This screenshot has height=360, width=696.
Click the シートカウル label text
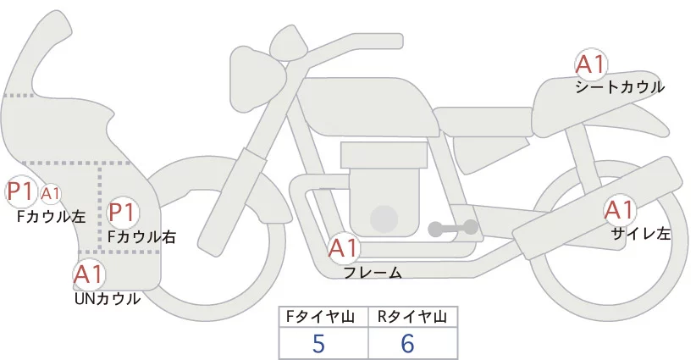tap(620, 87)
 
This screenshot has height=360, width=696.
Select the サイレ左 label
tap(641, 234)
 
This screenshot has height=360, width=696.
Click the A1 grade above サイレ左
tap(618, 210)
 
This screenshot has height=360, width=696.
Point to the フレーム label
tap(373, 273)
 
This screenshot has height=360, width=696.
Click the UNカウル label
tap(108, 298)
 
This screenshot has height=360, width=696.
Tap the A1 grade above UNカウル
tap(88, 274)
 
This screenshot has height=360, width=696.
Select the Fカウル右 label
tap(141, 237)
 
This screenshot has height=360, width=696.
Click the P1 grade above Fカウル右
tap(123, 212)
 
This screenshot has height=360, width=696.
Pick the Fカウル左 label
tap(52, 217)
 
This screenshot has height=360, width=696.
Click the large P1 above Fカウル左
tap(19, 192)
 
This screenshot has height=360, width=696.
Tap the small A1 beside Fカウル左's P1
tap(51, 194)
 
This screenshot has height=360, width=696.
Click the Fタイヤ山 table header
tap(325, 317)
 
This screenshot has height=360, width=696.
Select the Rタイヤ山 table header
tap(412, 317)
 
